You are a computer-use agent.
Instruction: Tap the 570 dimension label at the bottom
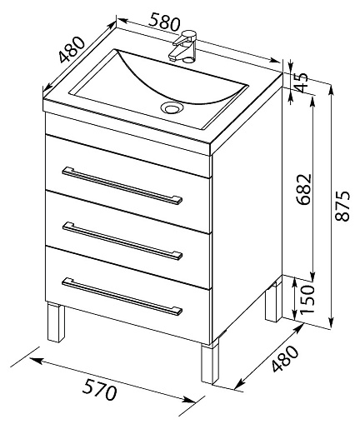point(99,387)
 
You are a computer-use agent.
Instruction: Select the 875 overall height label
point(342,206)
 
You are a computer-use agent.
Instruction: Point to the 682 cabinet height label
point(303,189)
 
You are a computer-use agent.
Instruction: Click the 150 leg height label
point(307,298)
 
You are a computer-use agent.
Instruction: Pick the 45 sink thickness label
point(301,82)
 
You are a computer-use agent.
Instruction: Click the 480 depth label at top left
point(72,49)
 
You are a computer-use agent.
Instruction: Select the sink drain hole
point(172,107)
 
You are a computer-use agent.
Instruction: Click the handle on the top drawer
point(122,186)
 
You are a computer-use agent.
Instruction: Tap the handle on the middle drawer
point(122,241)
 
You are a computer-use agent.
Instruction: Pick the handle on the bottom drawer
point(122,297)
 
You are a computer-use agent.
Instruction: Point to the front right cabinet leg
point(210,363)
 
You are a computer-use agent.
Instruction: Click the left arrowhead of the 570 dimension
point(36,361)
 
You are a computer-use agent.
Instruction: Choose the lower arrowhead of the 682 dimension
point(312,277)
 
